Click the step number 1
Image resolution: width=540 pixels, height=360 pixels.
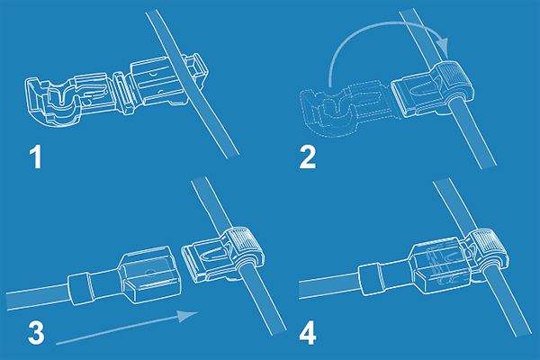pos(36,157)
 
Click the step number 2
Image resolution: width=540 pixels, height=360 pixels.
pos(308,157)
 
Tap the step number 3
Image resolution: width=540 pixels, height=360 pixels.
pos(36,332)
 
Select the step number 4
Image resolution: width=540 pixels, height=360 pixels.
pos(308,332)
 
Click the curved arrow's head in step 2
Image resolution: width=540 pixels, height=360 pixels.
pos(443,46)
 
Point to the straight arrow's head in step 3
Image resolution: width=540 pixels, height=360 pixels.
pos(188,316)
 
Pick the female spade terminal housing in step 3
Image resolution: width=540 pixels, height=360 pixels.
pos(150,274)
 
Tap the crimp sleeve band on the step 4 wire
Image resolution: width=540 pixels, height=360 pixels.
pos(370,279)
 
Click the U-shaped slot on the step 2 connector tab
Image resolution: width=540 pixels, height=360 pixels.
pos(421,90)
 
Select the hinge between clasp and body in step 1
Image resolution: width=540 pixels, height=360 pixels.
pos(122,93)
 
